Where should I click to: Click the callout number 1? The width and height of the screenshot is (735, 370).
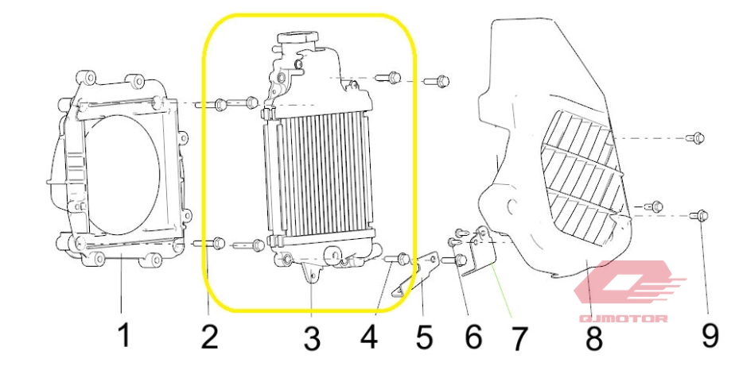pos(123,335)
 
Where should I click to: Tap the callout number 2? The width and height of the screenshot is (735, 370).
pos(209,337)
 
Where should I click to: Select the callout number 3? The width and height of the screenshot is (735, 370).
pos(312,338)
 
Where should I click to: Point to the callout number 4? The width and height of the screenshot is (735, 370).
pos(369,337)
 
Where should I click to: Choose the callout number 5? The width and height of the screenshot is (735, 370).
pos(424,337)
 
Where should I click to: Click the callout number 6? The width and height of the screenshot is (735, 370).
pos(473,337)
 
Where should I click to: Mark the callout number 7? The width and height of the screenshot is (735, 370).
pos(518,339)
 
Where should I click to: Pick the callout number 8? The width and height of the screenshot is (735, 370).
pos(594,339)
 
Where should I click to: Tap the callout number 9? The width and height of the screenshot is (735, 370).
pos(710,336)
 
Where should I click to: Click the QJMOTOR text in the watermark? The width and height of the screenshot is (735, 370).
pos(624,319)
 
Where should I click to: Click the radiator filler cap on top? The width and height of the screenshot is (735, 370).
pos(297,37)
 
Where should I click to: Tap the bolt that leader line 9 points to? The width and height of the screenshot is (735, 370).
pos(699,216)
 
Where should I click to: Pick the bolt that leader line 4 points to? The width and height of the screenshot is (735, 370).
pos(398,258)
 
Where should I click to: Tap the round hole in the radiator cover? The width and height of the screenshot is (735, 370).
pos(512,205)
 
